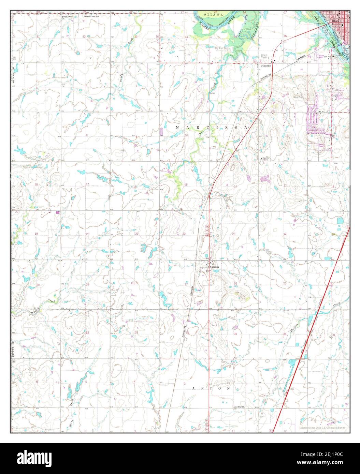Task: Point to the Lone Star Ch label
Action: pos(240,407)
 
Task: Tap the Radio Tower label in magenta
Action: pos(321,145)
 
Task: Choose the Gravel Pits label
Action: pos(299,97)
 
